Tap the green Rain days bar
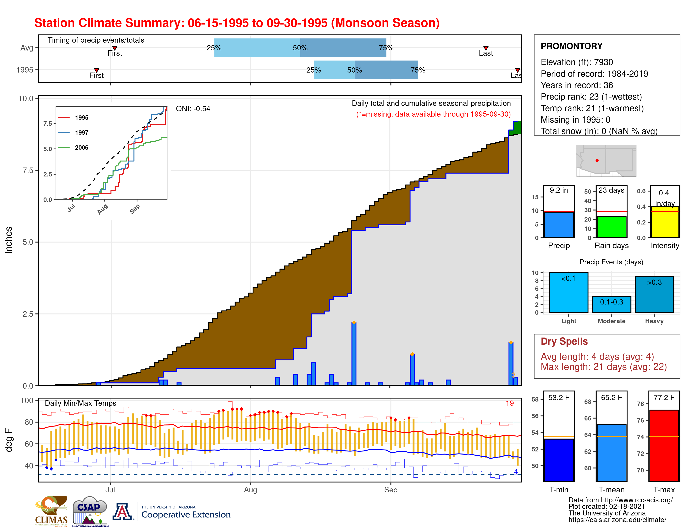611,227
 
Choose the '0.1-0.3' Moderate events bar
611,304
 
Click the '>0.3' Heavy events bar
654,295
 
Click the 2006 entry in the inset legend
82,148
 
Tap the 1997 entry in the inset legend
82,133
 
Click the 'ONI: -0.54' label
193,109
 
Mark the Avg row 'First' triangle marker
115,48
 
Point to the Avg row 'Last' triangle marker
486,48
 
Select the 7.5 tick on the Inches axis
28,170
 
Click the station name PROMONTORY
571,46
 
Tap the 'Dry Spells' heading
564,341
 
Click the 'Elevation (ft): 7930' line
576,62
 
